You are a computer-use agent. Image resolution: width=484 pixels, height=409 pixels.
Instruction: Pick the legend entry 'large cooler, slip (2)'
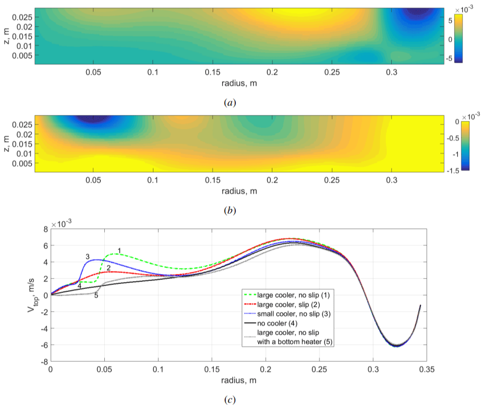pos(285,304)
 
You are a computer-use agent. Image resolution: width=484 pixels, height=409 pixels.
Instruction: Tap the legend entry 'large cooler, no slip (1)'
pos(290,295)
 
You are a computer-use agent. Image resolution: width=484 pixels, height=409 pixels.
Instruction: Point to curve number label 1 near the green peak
pos(119,250)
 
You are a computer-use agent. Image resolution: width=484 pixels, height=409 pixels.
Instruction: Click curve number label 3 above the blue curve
pos(87,256)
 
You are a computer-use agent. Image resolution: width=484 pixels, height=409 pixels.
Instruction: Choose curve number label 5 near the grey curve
pos(96,296)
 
